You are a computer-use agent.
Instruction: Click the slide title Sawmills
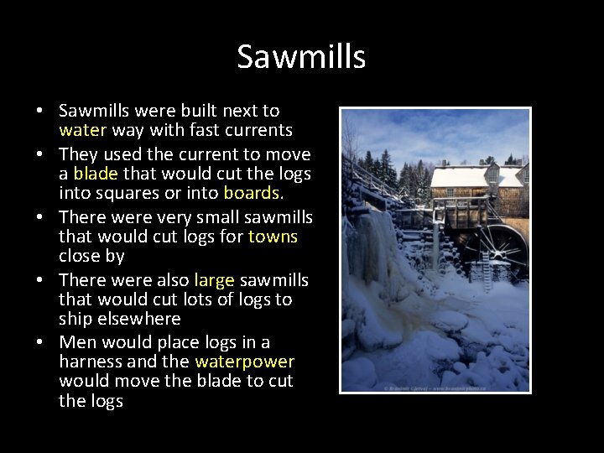[x=301, y=57]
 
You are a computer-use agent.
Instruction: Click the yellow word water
[x=83, y=130]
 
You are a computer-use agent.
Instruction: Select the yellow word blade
[x=96, y=174]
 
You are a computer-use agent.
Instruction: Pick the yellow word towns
[x=273, y=237]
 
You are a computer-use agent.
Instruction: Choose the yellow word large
[x=214, y=280]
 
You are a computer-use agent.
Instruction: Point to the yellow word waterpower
[x=244, y=362]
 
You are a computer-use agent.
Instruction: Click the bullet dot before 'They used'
[x=39, y=155]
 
